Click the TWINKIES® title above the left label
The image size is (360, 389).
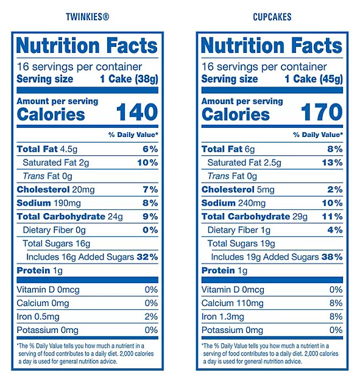[x=87, y=17]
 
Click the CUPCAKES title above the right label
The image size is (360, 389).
[x=272, y=17]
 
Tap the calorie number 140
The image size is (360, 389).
[x=137, y=112]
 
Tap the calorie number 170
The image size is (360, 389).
[x=322, y=112]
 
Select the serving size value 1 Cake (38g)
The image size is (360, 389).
[x=129, y=79]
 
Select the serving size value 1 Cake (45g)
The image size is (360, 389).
[x=314, y=79]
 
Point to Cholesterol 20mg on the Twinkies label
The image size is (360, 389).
[x=55, y=189]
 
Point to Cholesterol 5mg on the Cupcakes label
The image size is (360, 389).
[x=238, y=189]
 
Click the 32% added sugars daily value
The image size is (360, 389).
[x=147, y=257]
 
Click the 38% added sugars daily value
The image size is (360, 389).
[x=332, y=257]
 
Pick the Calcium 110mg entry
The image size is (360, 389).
[x=233, y=303]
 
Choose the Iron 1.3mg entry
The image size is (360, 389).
[x=223, y=317]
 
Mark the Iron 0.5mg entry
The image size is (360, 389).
[x=38, y=317]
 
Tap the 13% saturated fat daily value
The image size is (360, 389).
[x=332, y=163]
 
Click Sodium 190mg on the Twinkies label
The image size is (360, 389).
[x=49, y=203]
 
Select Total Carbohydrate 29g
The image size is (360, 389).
[x=255, y=217]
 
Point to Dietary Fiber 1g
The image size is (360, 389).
[x=239, y=230]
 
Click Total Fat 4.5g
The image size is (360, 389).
[x=47, y=149]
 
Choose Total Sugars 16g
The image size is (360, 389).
[x=57, y=244]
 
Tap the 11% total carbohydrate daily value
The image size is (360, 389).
[x=332, y=217]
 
